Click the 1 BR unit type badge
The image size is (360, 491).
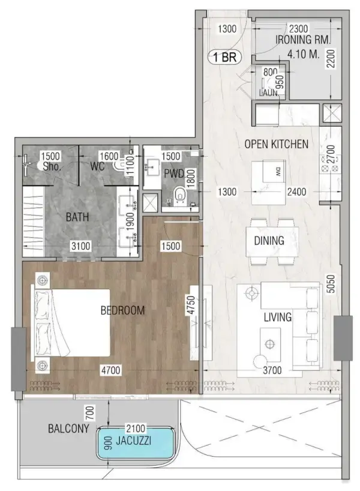223,58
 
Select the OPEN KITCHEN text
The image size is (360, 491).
277,144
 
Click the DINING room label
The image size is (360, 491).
269,241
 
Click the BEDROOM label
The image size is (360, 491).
123,310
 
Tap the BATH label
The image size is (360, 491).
78,217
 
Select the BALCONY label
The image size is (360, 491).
68,429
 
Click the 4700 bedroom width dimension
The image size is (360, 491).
110,370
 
